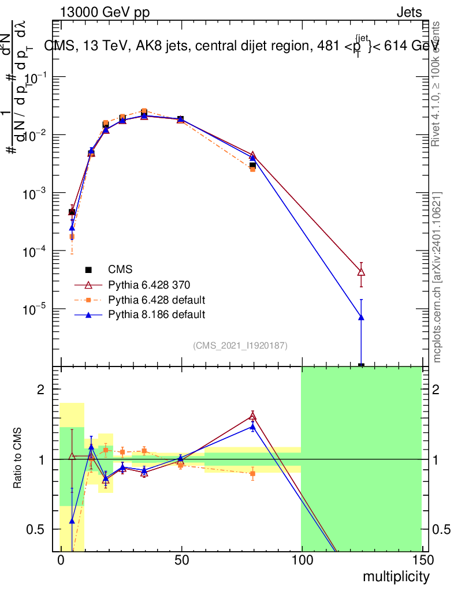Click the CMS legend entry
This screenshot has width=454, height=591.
120,270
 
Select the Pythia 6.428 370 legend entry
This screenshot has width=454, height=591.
149,285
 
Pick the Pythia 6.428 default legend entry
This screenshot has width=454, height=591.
157,300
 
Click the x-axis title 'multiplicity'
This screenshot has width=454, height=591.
396,577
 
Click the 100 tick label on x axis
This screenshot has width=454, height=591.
301,562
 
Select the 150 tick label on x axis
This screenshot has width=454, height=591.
422,562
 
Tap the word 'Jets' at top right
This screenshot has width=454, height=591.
408,13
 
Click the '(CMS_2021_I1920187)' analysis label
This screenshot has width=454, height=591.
240,345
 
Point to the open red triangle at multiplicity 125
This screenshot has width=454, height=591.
361,272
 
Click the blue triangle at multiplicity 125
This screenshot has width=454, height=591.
361,317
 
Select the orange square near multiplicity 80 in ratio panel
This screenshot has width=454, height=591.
252,473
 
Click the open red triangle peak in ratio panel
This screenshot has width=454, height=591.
252,416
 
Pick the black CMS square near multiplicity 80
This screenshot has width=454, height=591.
252,166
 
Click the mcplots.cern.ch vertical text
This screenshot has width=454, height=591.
437,277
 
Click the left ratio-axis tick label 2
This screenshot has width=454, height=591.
40,390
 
